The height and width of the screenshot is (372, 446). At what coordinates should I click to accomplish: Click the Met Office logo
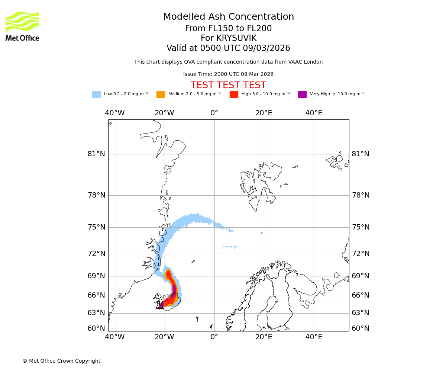22,26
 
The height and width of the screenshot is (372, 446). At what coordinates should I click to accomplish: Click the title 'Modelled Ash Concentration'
229,17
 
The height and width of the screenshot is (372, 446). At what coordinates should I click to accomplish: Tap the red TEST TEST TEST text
228,86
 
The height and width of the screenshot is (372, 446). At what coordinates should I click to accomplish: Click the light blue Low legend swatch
96,94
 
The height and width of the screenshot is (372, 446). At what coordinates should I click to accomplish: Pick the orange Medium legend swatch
161,94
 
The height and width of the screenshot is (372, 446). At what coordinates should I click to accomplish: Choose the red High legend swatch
234,94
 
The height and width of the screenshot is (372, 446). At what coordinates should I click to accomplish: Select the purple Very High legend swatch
302,94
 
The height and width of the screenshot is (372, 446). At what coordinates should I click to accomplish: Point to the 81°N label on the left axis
96,154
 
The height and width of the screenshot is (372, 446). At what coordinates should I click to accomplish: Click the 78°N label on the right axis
361,195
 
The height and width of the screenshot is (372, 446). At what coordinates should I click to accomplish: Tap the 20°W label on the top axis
164,113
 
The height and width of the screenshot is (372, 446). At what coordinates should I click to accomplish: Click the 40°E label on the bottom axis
314,337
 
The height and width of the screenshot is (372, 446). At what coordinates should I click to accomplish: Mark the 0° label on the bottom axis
214,337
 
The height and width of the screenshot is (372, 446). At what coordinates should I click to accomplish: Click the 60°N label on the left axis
96,328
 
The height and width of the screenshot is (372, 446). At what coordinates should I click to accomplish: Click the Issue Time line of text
228,74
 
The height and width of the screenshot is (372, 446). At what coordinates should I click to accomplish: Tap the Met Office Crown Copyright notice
61,361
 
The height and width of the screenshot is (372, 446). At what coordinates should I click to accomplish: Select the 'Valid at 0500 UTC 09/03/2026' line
228,48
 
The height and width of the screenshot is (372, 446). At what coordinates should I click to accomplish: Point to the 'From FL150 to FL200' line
228,29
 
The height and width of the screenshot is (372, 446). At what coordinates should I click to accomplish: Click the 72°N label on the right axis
361,254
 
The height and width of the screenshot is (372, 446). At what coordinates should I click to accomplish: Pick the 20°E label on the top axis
264,113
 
